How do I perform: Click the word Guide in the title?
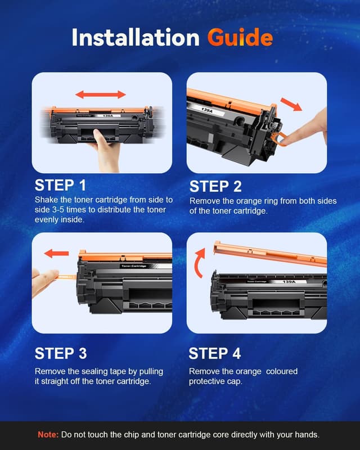coord(240,37)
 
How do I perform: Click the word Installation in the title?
coord(135,37)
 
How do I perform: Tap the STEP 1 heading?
coord(61,185)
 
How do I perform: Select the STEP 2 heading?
coord(215,186)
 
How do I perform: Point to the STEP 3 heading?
coord(61,353)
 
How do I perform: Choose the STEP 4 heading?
coord(215,353)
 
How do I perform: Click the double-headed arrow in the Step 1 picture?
coord(101,94)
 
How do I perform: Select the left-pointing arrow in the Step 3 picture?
coord(56,253)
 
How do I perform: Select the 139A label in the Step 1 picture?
coord(106,115)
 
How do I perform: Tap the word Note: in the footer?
coord(47,435)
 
